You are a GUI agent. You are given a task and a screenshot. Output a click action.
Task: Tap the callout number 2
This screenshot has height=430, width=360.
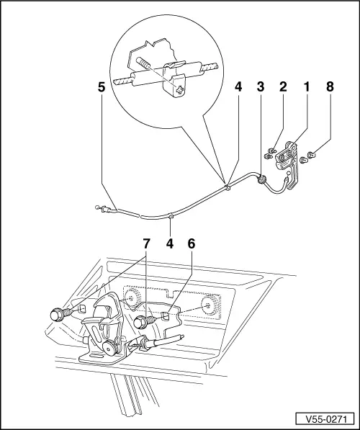tap(284, 89)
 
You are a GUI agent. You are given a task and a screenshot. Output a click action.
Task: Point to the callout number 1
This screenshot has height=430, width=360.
tap(306, 89)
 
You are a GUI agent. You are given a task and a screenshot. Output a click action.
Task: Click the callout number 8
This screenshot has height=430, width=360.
tap(330, 89)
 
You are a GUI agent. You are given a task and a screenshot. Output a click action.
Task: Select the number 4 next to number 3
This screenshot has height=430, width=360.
tap(238, 89)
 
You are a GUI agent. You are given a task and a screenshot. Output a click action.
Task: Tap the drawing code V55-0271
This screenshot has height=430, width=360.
tap(326, 417)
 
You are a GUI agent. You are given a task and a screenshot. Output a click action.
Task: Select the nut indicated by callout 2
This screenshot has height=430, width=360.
tap(267, 153)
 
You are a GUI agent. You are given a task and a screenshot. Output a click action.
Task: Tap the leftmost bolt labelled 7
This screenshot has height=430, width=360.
tap(57, 315)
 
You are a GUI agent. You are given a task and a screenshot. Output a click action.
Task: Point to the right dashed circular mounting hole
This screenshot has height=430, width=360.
tap(212, 305)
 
